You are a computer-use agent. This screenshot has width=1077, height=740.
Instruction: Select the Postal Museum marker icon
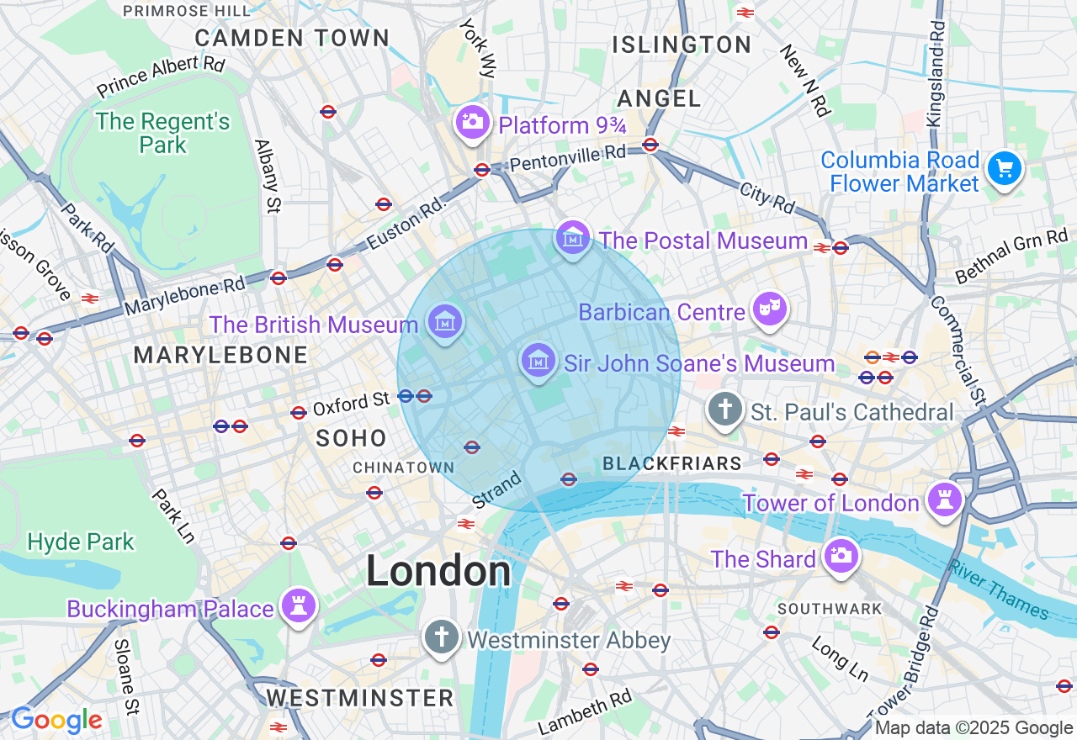tap(573, 239)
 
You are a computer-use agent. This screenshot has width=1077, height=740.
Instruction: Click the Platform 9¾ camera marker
tap(473, 123)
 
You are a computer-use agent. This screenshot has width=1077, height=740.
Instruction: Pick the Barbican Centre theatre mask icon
tap(769, 309)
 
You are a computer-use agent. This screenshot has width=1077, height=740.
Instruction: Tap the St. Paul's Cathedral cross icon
tap(724, 410)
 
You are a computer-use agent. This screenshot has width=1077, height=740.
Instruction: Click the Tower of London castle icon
tap(944, 500)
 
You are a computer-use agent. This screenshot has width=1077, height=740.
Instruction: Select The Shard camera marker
tap(840, 556)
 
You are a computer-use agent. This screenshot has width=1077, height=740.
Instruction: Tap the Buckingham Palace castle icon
tap(298, 605)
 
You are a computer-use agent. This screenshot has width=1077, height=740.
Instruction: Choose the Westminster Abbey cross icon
tap(441, 637)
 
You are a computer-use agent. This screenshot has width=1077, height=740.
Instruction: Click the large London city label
tap(438, 572)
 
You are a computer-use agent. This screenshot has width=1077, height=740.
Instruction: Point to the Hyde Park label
tap(81, 542)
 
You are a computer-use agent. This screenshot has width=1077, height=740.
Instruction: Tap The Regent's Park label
tap(162, 133)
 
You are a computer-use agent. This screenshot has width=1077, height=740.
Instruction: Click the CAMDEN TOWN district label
tap(292, 38)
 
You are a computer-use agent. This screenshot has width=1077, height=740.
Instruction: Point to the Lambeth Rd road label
tap(584, 714)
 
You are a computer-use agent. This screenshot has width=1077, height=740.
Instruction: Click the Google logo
tap(56, 721)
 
